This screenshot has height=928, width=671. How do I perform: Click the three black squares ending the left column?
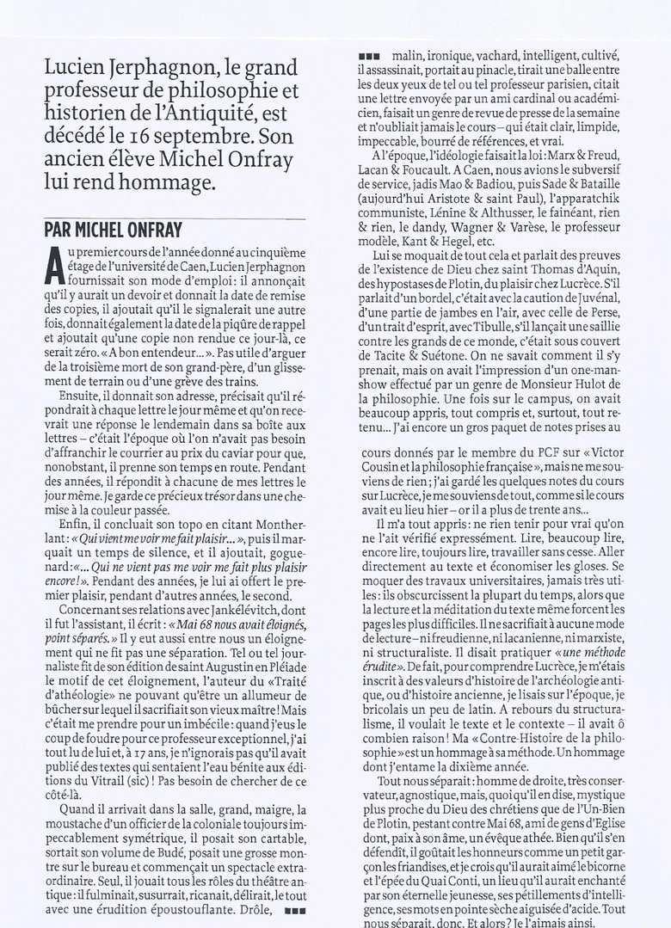(294, 908)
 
